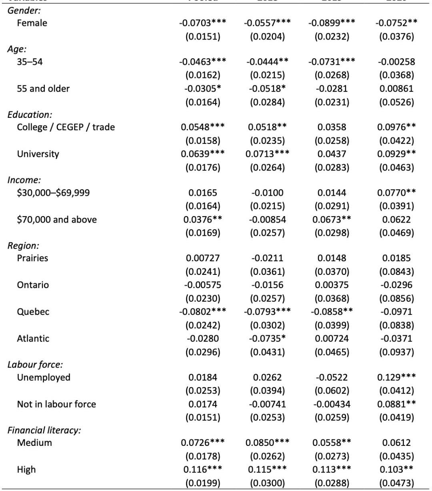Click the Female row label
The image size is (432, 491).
(32, 23)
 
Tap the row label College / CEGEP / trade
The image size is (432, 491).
(66, 127)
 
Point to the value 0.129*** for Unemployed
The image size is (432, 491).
(396, 378)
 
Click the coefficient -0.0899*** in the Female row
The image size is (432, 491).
(332, 23)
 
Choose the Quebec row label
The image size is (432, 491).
(33, 312)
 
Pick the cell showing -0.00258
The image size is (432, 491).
(396, 62)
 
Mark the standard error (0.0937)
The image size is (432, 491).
(396, 352)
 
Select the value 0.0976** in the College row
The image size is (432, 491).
(396, 127)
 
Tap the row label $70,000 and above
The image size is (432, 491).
(56, 220)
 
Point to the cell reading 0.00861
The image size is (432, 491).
(396, 89)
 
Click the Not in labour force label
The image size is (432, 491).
(56, 404)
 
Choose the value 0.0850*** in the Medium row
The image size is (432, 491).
(267, 443)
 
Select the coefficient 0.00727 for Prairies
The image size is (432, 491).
(202, 258)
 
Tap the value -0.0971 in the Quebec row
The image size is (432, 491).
(396, 312)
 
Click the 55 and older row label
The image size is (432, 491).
(43, 89)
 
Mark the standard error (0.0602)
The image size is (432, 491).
(332, 390)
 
